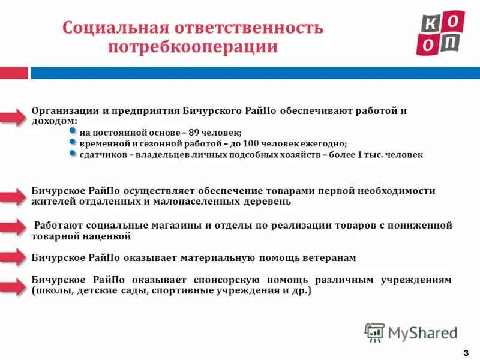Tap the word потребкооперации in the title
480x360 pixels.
click(x=193, y=47)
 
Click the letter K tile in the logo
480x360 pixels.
click(x=430, y=22)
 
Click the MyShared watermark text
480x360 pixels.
click(x=422, y=332)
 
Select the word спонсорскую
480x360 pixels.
click(x=226, y=280)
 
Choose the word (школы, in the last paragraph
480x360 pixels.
click(x=49, y=291)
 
